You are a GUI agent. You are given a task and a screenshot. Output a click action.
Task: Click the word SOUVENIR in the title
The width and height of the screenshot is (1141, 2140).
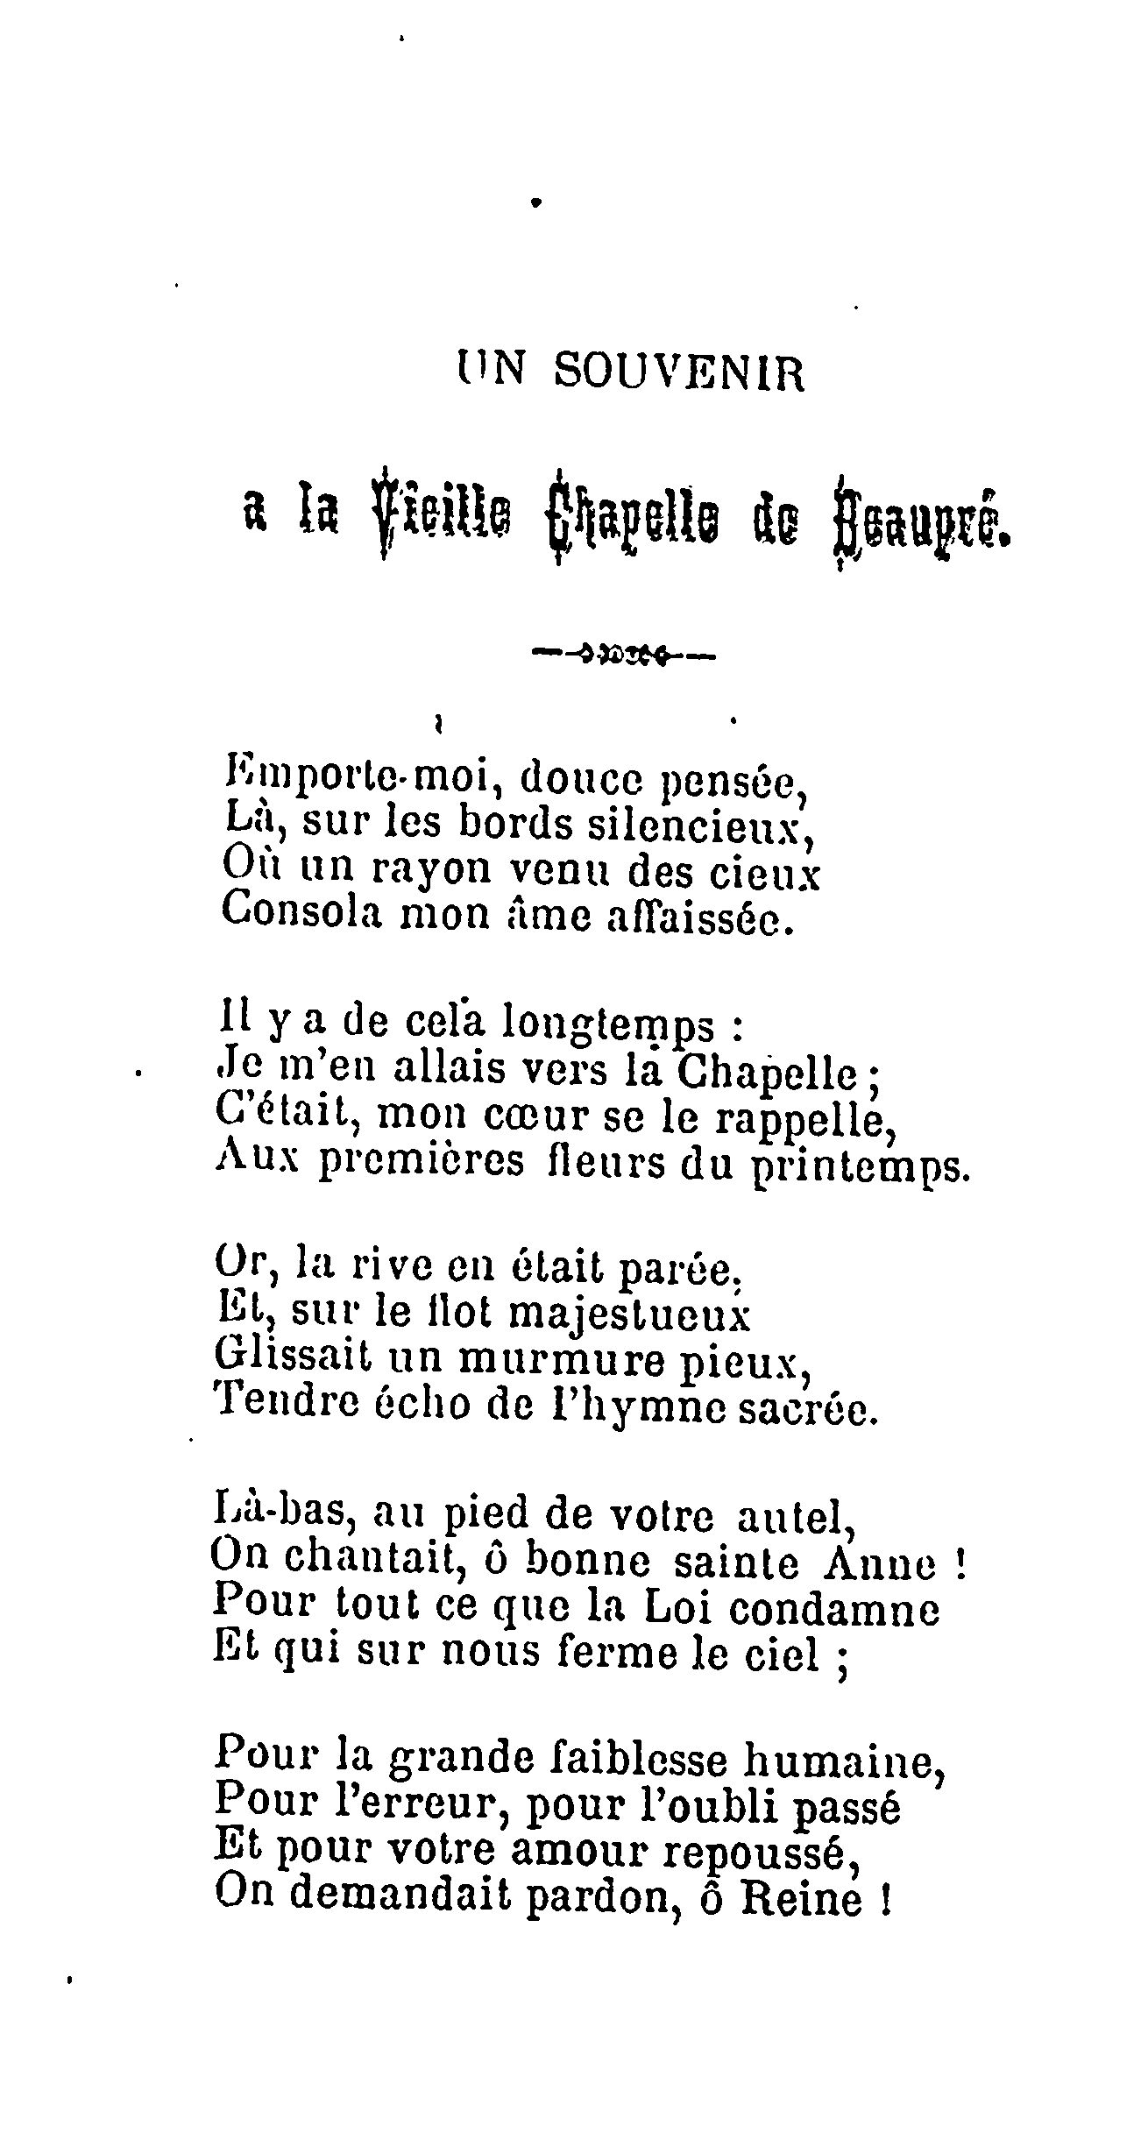[678, 372]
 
